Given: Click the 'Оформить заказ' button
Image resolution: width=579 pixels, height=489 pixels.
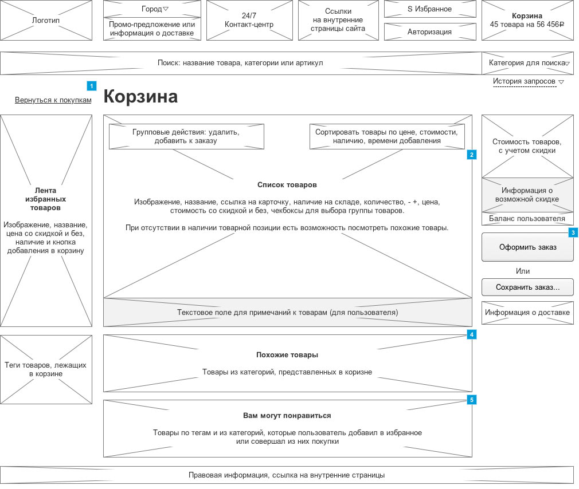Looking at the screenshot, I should point(527,247).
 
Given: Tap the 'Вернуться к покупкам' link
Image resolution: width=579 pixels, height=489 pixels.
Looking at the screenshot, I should point(53,100).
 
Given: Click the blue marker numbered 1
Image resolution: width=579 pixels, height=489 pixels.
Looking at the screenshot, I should point(91,86).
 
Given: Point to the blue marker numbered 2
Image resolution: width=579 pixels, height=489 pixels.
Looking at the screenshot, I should point(471,155).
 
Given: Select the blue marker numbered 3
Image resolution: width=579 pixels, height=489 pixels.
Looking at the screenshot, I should point(573,232).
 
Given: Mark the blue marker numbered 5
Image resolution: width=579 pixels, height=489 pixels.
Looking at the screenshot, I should point(471,400).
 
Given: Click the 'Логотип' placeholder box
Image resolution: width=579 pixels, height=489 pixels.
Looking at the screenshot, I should point(46,21).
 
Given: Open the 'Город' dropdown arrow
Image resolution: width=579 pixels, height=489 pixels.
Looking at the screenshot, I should point(166,9).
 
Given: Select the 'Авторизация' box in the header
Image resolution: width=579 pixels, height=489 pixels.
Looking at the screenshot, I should point(429,32).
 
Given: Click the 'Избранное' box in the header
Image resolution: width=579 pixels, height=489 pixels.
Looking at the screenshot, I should point(429,9).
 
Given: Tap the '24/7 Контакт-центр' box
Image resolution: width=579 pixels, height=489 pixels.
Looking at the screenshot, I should point(249,21).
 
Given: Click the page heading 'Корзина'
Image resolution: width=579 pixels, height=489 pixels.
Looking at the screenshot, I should point(140,97).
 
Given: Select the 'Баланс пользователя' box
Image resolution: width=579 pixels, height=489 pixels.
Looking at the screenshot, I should point(527,219).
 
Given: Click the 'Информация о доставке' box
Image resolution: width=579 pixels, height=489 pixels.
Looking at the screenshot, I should point(527,313).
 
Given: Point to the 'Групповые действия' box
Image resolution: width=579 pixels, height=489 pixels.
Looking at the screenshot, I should point(186,136).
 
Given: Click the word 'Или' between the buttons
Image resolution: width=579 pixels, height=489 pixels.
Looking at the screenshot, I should point(522,271).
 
